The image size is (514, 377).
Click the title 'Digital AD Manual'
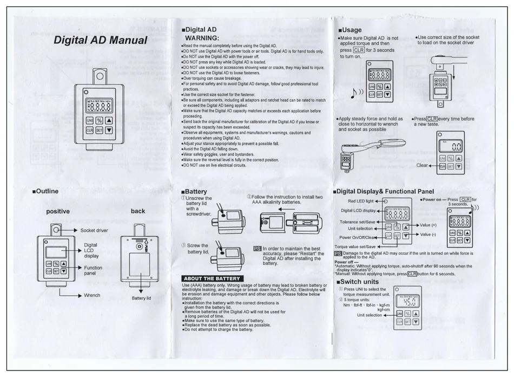(100, 41)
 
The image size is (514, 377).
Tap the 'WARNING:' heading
(202, 38)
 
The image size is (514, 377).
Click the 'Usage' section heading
(351, 30)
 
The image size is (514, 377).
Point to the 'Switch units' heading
(359, 282)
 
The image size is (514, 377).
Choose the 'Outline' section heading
(47, 191)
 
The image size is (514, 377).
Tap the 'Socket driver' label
(94, 230)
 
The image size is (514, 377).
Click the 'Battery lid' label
(142, 298)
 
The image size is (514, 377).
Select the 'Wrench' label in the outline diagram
(91, 295)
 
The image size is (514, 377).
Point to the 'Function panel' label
(93, 271)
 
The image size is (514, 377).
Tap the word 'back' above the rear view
(138, 211)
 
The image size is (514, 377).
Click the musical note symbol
(354, 93)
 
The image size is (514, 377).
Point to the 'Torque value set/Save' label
(355, 246)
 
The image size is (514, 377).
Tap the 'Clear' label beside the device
(422, 165)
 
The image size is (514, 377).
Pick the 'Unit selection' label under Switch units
(370, 315)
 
